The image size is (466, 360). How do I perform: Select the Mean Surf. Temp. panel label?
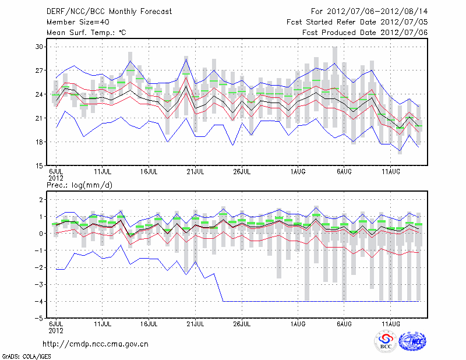click(86, 33)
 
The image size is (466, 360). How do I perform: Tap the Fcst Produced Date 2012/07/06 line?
click(365, 33)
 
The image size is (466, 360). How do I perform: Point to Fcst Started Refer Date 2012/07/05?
click(357, 22)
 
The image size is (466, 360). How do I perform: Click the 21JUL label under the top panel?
click(195, 172)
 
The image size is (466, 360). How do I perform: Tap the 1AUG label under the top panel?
click(298, 172)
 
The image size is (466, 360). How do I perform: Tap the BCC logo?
click(386, 342)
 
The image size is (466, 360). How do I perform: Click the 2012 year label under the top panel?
click(55, 178)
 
